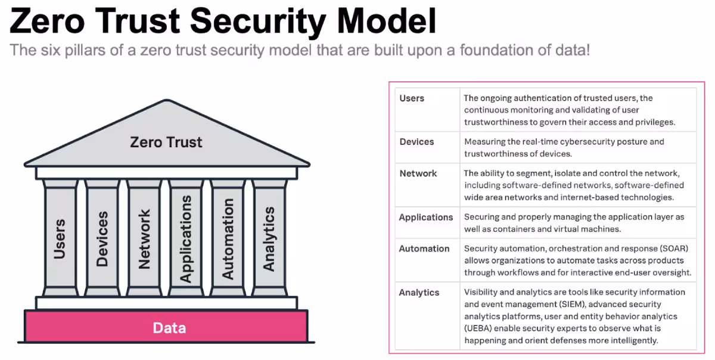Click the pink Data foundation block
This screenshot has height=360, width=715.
point(169,328)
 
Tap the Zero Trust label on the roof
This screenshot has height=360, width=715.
point(166,142)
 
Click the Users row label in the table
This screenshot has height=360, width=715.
point(412,98)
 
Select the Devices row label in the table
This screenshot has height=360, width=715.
point(416,142)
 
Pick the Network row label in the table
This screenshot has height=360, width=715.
point(418,173)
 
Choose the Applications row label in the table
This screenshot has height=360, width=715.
point(426,218)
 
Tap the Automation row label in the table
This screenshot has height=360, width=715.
point(424,249)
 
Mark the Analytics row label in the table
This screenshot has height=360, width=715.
point(419,293)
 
